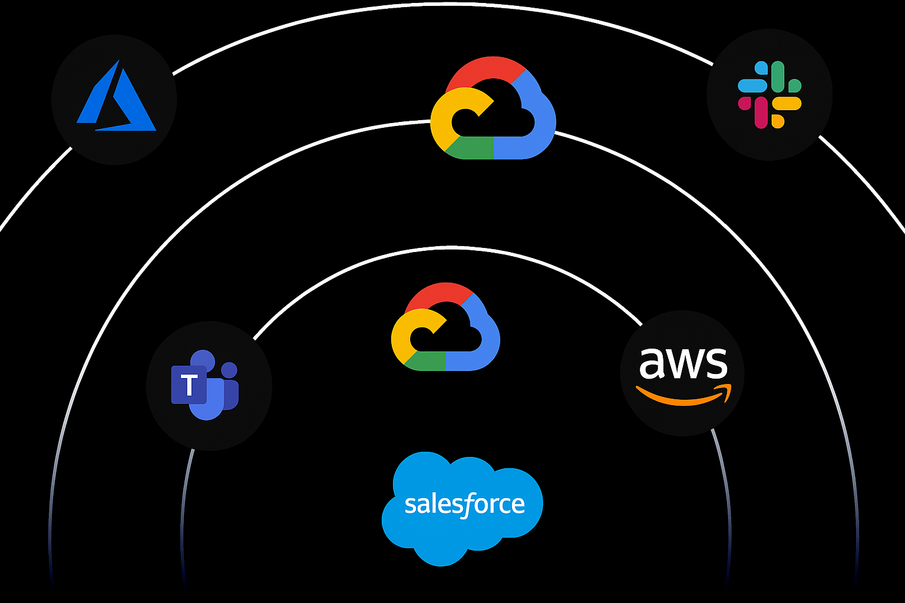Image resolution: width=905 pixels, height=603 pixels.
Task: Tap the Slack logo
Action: click(769, 94)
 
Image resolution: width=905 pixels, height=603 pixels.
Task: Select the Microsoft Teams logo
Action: click(206, 385)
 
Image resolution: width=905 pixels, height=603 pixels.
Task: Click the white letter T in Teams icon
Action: click(189, 386)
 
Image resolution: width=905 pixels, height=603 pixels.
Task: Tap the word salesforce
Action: click(464, 505)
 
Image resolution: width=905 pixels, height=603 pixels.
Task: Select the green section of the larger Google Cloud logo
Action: click(471, 148)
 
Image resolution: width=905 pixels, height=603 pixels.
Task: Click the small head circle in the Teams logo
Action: click(229, 370)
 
